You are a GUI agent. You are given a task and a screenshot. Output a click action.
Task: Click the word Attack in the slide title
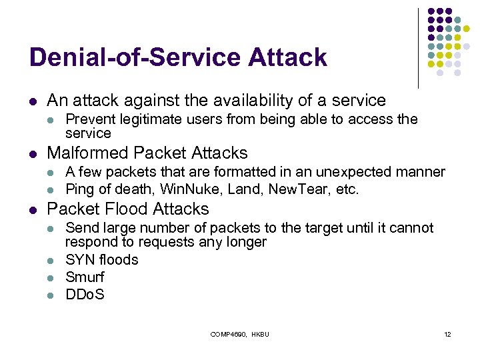click(x=287, y=57)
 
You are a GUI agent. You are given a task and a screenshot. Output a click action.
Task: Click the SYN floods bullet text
click(x=102, y=259)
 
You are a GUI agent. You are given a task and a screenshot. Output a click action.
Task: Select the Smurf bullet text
click(x=85, y=277)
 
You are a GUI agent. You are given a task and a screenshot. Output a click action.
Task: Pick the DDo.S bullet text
click(x=85, y=294)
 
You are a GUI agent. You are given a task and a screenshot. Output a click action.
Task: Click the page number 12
click(x=447, y=333)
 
